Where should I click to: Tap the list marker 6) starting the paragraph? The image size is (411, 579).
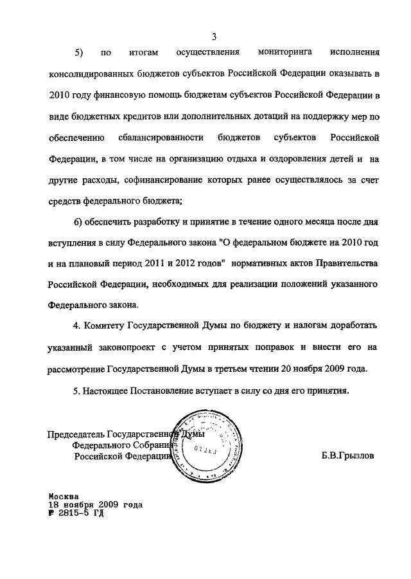pos(80,221)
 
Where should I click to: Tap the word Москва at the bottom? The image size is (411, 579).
pos(64,497)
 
